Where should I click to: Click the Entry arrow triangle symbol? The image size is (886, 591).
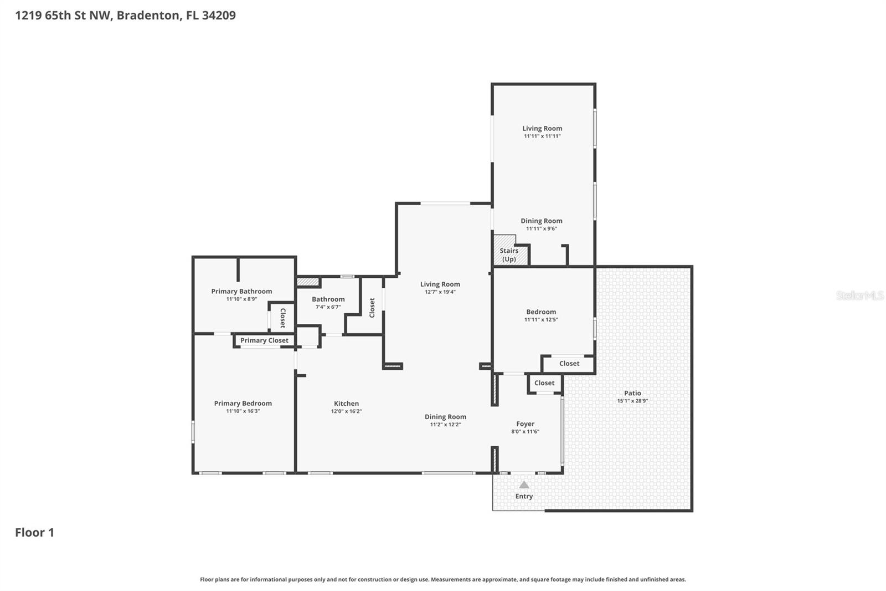(x=524, y=485)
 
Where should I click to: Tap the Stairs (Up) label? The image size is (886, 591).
(x=509, y=255)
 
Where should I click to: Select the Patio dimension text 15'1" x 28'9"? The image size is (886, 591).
(x=632, y=401)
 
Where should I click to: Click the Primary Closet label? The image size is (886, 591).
(x=264, y=340)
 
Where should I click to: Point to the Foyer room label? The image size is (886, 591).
(x=525, y=424)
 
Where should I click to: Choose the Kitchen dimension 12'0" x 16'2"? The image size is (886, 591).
(x=346, y=411)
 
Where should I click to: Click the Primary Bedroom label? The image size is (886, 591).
(x=243, y=403)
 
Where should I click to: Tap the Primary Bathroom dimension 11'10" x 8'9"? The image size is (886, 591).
(x=241, y=299)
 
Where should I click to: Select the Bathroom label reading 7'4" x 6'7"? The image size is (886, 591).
(x=328, y=307)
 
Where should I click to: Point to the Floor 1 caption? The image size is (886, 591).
(x=34, y=532)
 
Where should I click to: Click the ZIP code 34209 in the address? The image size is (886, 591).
(x=219, y=15)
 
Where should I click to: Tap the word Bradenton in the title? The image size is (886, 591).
(x=148, y=15)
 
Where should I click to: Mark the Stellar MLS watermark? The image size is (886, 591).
(x=859, y=295)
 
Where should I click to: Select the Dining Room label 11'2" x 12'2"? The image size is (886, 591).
(x=445, y=416)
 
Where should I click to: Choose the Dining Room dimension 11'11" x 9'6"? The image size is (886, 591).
(x=541, y=228)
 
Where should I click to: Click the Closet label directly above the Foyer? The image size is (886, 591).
(x=544, y=383)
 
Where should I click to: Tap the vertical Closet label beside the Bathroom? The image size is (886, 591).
(x=372, y=308)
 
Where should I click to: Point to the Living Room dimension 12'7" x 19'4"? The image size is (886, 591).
(x=440, y=292)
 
